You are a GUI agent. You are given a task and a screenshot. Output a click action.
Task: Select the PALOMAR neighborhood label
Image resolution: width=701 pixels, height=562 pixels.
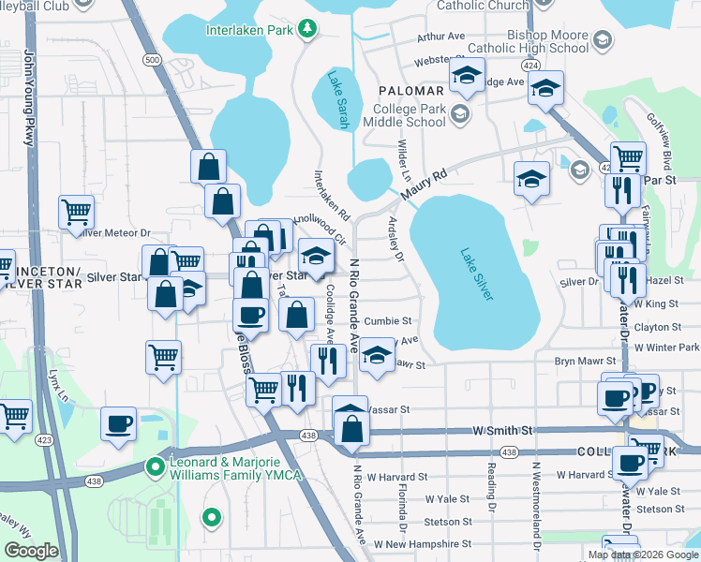click(x=410, y=90)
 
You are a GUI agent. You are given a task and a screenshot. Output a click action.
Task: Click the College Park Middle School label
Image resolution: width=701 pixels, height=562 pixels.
click(x=404, y=114)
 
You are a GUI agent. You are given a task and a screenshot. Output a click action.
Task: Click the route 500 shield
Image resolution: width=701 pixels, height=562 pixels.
click(x=151, y=59)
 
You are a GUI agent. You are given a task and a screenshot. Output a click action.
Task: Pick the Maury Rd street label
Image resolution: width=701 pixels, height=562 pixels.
click(x=426, y=183)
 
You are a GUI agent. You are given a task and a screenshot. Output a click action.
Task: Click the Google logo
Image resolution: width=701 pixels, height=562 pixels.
click(x=31, y=551)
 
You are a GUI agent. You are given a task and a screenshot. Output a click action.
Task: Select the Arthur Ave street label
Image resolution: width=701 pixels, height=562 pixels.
click(x=441, y=37)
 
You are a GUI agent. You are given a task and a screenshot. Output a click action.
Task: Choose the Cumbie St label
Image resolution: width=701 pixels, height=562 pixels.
click(x=388, y=320)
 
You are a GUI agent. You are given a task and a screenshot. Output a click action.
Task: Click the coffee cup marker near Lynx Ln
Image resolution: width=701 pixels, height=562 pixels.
click(x=119, y=422)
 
